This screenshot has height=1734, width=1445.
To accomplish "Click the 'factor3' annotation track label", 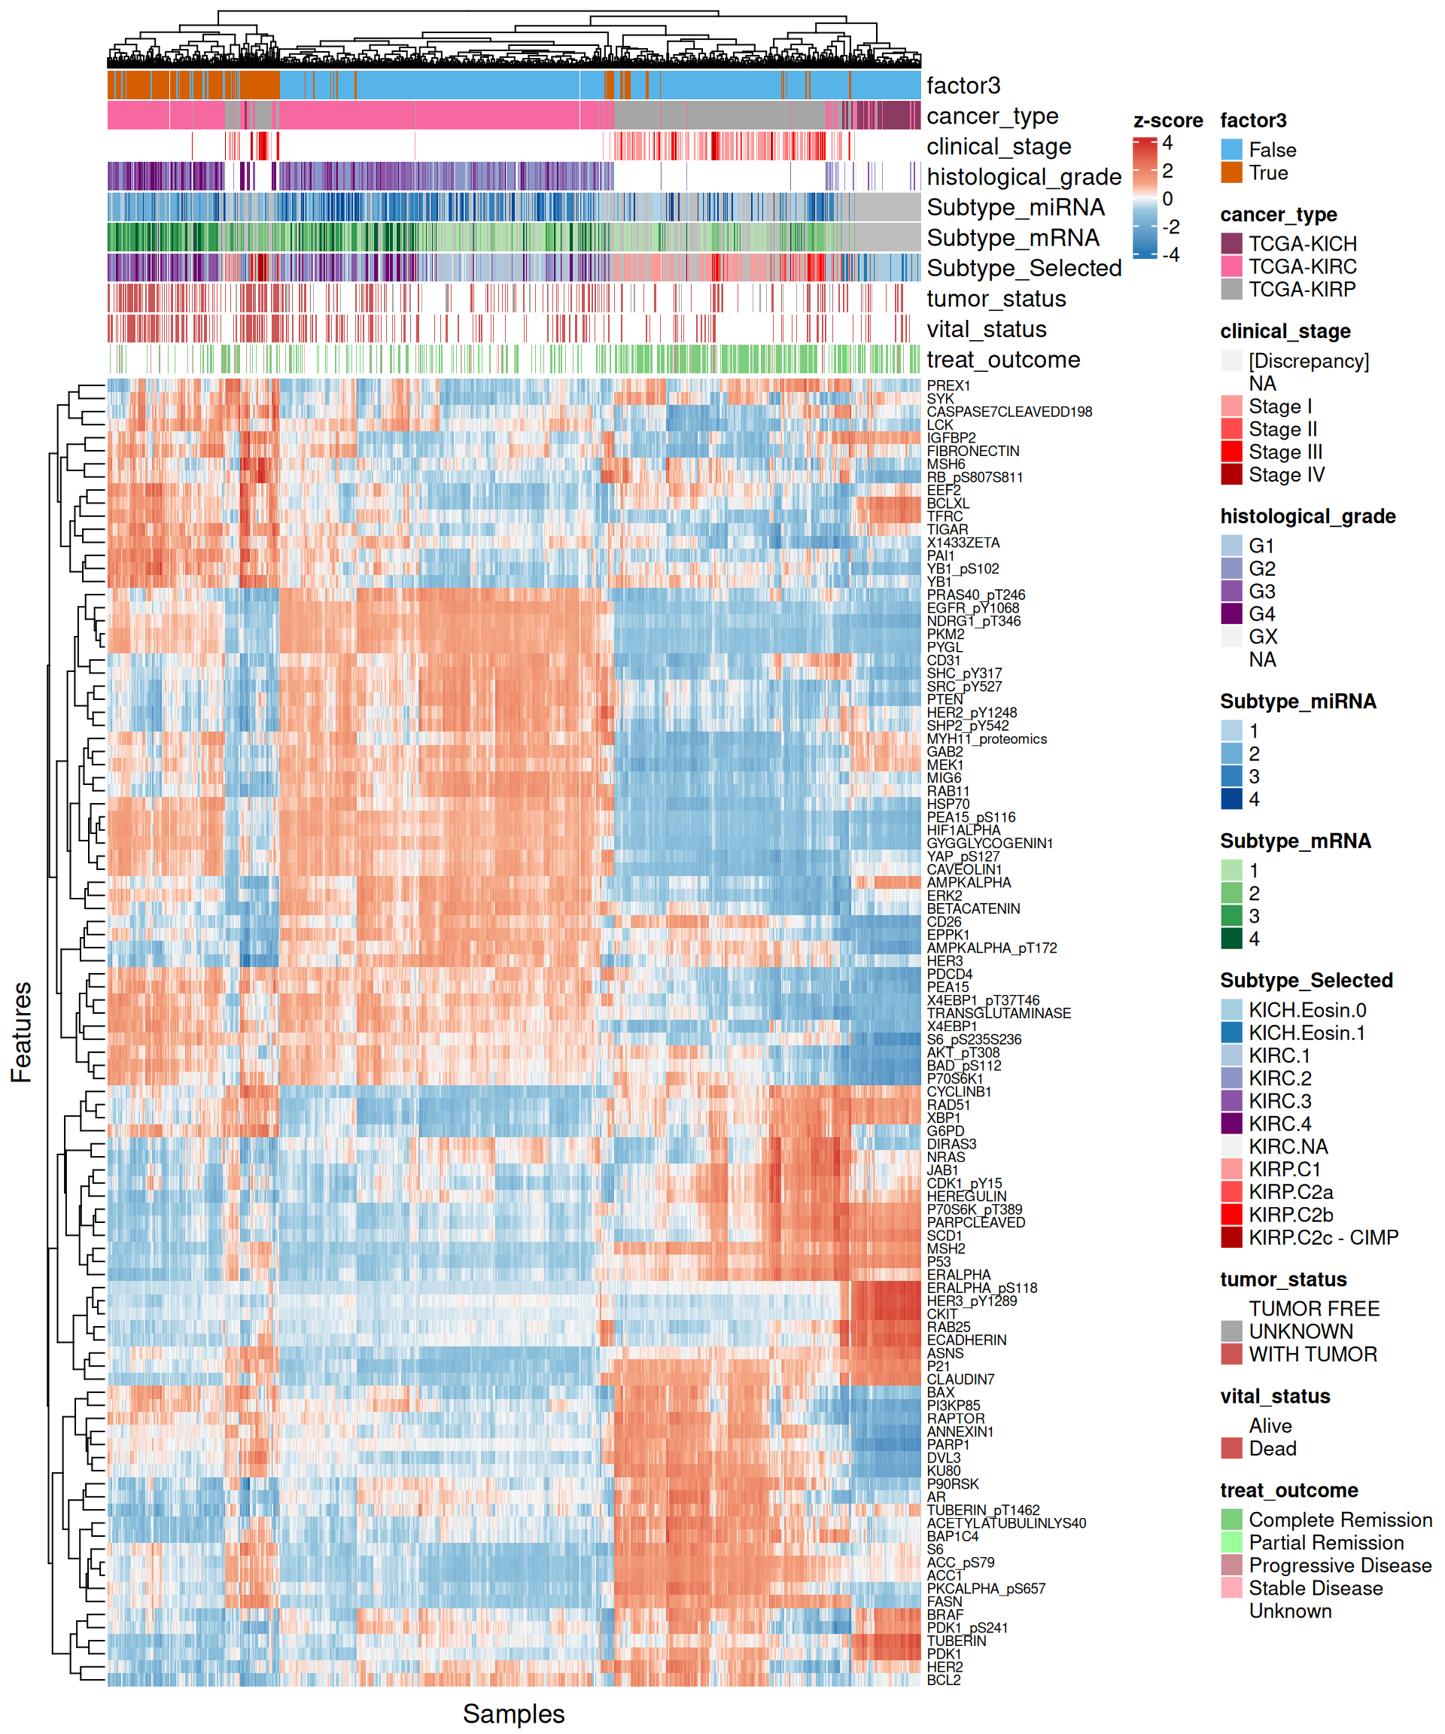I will tap(963, 86).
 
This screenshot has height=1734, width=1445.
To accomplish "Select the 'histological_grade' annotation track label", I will tap(1024, 177).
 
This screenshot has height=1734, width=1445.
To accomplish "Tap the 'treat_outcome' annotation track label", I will tap(1002, 360).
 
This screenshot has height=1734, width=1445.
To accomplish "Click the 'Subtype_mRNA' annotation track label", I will tap(1012, 238).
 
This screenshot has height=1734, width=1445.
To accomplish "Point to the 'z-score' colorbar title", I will tap(1167, 120).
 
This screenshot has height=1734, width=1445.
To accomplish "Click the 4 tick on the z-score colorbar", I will tap(1167, 143).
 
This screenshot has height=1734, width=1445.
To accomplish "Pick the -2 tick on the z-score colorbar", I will tap(1171, 227).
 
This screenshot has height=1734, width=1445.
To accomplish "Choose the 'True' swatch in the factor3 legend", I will tap(1231, 172).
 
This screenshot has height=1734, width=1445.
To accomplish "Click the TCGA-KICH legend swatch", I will tap(1231, 244).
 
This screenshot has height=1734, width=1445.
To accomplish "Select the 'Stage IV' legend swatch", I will tap(1231, 475).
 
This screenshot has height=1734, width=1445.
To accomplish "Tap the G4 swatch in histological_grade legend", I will tap(1231, 613).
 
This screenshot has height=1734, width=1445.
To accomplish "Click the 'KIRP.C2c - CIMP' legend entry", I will tap(1323, 1238).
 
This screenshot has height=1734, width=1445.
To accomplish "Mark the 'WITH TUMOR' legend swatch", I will tap(1231, 1354).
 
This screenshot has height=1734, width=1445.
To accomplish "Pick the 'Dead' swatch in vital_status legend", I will tap(1231, 1448).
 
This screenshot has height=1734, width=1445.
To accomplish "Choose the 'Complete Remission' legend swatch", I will tap(1231, 1520).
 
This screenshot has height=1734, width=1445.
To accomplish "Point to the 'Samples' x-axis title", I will tap(513, 1714).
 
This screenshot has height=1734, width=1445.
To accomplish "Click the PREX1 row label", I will tap(948, 385).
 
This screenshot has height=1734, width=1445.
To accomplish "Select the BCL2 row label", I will tap(943, 1680).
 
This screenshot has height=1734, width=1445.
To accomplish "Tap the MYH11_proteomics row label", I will tap(986, 739).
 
